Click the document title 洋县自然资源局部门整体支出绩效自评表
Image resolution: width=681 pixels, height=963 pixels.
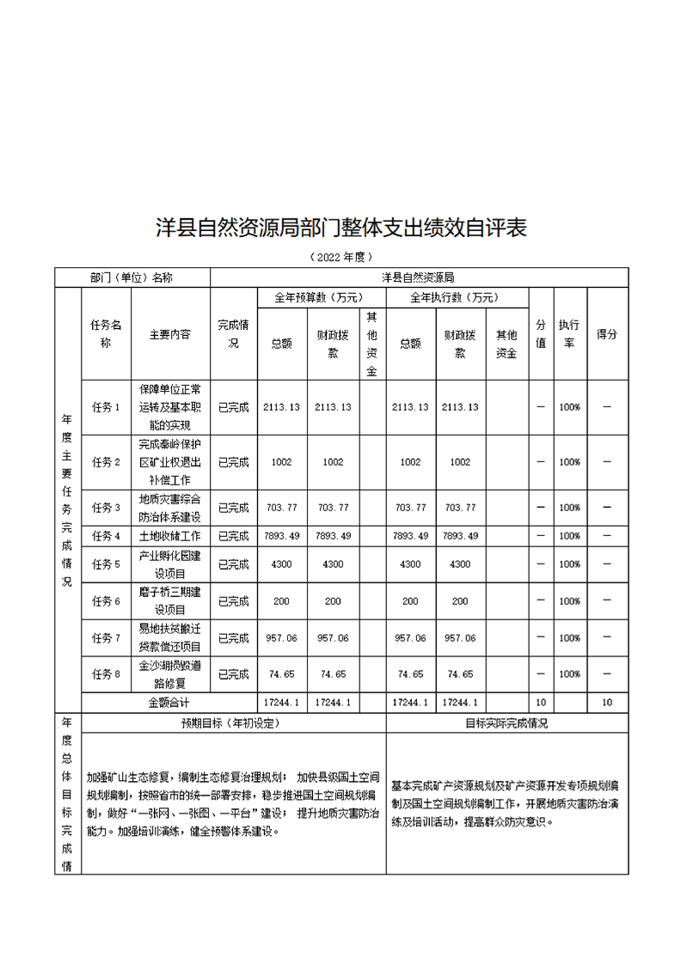(x=340, y=229)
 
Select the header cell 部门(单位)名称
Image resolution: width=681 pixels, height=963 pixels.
(x=132, y=277)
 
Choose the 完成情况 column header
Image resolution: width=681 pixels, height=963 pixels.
(x=233, y=333)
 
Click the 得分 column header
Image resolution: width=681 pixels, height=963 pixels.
(x=607, y=333)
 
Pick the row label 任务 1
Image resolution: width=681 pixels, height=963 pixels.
(x=106, y=407)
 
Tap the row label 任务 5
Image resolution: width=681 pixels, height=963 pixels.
(x=106, y=564)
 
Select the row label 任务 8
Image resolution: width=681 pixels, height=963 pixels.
(x=106, y=673)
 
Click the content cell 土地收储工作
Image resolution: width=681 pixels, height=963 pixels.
(x=169, y=536)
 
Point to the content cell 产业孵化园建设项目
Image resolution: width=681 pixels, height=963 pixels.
(x=169, y=564)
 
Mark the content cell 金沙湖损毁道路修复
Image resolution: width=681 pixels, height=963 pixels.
(x=169, y=673)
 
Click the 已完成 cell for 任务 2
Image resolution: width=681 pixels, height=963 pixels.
(x=233, y=462)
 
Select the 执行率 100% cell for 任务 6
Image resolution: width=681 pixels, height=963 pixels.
(x=569, y=601)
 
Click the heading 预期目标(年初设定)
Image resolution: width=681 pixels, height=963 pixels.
(x=230, y=723)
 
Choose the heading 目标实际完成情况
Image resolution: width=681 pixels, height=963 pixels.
(x=506, y=723)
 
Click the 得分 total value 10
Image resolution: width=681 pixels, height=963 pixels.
(x=607, y=702)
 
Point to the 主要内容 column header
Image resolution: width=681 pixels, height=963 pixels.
(x=169, y=333)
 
